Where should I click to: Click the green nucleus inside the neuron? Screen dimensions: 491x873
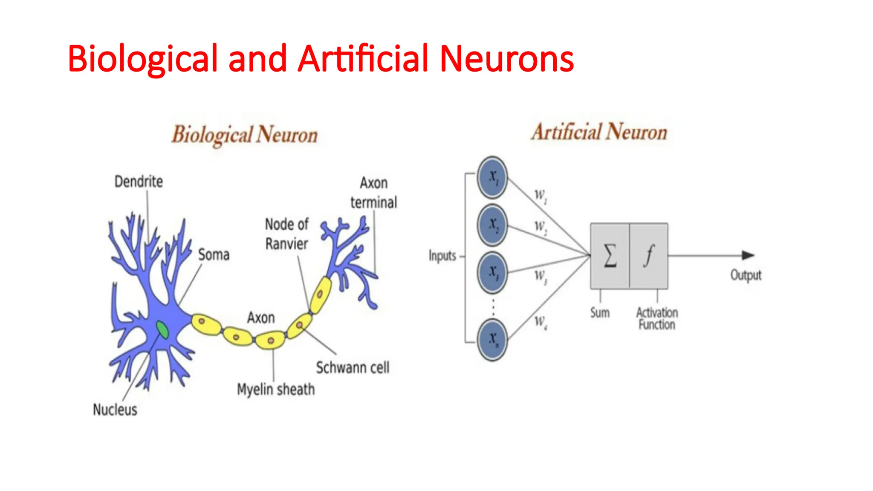click(x=162, y=329)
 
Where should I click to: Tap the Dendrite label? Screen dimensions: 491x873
click(x=139, y=182)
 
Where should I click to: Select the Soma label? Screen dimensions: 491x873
click(x=214, y=255)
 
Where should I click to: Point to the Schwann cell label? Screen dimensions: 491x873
click(x=353, y=367)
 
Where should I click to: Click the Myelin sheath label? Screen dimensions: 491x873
click(x=276, y=389)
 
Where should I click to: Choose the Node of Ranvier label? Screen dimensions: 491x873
click(x=286, y=234)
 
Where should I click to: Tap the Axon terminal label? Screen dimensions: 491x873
click(x=373, y=193)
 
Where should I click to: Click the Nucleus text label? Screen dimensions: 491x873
click(x=115, y=410)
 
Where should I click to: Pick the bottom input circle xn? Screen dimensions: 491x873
click(x=492, y=339)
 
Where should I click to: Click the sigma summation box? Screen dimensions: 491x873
click(x=610, y=256)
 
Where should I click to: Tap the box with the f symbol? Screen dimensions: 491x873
click(x=649, y=256)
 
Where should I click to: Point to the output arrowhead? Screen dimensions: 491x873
click(x=748, y=255)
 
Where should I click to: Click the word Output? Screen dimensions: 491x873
click(x=746, y=275)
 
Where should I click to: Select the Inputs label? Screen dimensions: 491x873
click(x=442, y=256)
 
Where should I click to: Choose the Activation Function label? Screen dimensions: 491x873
click(x=657, y=318)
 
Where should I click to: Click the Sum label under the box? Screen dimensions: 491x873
click(x=600, y=312)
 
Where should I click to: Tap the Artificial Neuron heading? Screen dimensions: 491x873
click(x=599, y=132)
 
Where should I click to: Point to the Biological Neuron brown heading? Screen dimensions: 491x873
click(x=245, y=135)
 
